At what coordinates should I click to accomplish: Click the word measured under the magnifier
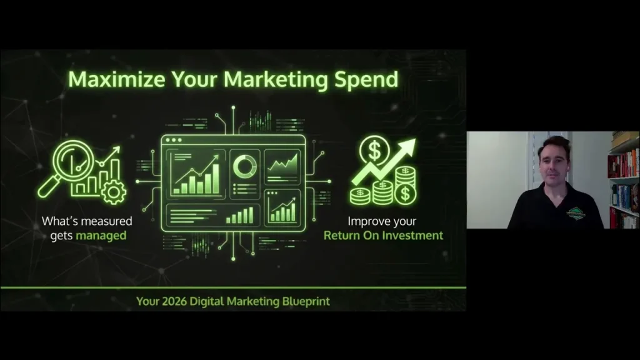point(106,221)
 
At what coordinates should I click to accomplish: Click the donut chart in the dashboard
point(244,166)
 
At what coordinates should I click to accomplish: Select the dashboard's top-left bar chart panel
point(196,172)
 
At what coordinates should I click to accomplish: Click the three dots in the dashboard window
point(172,140)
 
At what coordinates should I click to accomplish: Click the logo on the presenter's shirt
point(576,212)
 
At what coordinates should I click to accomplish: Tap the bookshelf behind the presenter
point(624,181)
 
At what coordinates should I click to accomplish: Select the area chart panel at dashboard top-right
point(282,166)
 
